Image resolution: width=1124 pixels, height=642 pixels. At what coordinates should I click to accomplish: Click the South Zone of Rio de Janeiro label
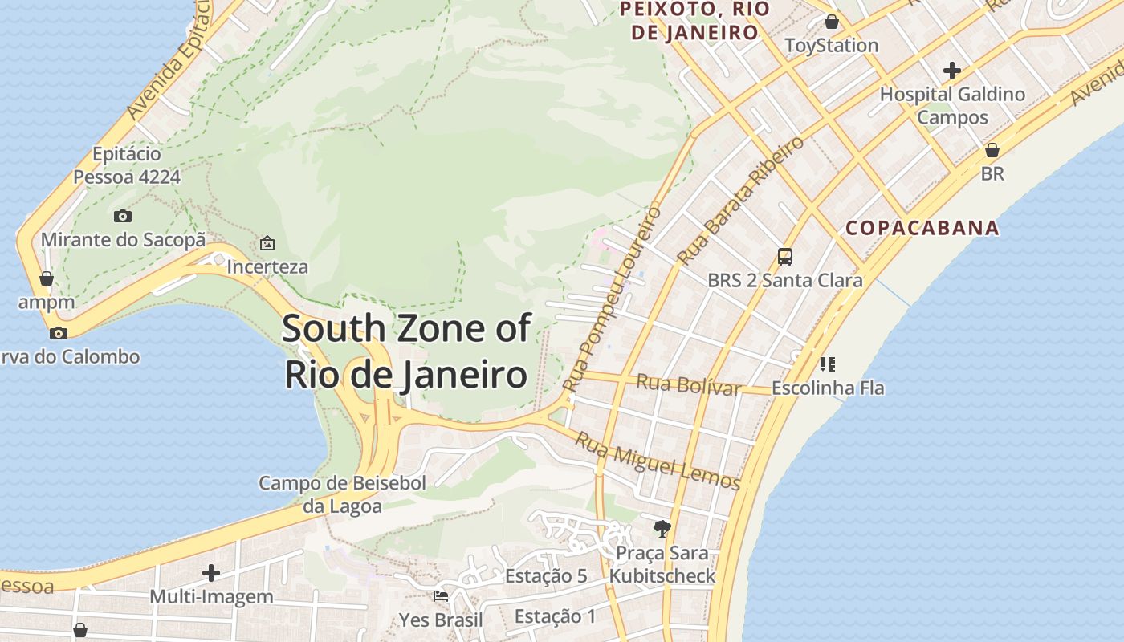click(x=406, y=351)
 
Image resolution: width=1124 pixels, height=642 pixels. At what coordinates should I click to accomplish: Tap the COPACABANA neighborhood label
click(x=922, y=228)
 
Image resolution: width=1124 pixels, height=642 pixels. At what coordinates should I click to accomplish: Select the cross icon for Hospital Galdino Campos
click(x=952, y=71)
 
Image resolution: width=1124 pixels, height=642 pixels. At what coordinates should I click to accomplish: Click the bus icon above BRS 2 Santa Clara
click(x=785, y=257)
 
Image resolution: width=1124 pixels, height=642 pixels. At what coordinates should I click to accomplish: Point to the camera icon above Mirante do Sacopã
click(x=123, y=216)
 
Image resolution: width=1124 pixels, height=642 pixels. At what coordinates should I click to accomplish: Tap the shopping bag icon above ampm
click(x=47, y=278)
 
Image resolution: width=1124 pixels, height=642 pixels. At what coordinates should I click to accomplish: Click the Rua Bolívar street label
click(x=688, y=384)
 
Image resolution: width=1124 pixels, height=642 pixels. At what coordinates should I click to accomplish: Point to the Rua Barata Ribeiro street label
click(x=739, y=201)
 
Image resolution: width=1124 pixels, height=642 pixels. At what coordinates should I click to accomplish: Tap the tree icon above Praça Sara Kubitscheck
click(x=662, y=528)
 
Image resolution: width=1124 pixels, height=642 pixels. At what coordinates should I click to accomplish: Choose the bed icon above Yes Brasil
click(x=441, y=596)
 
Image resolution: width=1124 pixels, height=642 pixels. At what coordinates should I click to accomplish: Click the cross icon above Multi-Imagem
click(x=211, y=573)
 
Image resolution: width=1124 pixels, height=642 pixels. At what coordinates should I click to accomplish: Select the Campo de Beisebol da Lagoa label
click(x=342, y=494)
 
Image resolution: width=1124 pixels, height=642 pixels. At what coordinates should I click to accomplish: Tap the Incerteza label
click(x=267, y=266)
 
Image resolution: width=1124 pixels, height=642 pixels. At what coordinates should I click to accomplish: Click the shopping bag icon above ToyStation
click(x=832, y=22)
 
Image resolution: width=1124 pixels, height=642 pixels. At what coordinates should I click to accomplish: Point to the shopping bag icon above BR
click(x=992, y=150)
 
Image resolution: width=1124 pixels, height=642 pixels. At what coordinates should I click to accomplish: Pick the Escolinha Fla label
click(x=828, y=388)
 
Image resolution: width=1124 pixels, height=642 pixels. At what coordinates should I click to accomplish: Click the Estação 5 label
click(x=546, y=576)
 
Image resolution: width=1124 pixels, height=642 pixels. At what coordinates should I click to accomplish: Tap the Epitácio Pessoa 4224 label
click(x=127, y=165)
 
